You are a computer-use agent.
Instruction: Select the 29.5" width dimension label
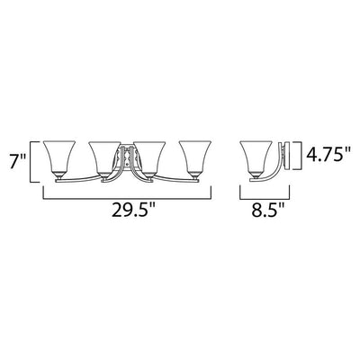(x=134, y=211)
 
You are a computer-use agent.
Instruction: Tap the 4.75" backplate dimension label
(x=328, y=155)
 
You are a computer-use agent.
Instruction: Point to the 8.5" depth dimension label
(x=268, y=211)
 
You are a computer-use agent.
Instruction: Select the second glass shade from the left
(x=104, y=157)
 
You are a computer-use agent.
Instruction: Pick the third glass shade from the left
(x=149, y=157)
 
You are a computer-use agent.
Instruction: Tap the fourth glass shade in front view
(x=195, y=157)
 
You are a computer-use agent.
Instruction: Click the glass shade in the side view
(x=256, y=157)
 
